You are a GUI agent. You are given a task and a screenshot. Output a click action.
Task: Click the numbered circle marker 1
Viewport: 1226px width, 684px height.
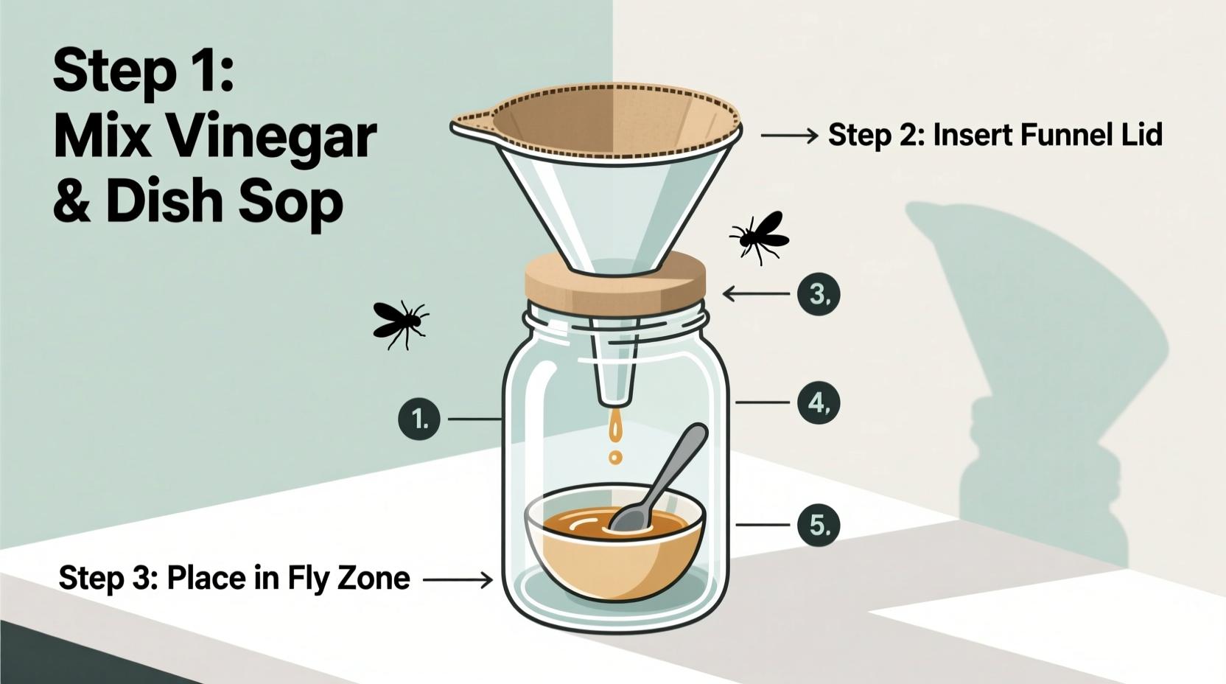(x=418, y=419)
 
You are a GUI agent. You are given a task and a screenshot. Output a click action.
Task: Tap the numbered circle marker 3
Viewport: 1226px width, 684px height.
(x=819, y=294)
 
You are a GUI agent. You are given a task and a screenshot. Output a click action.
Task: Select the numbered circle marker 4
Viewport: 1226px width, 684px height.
(x=819, y=402)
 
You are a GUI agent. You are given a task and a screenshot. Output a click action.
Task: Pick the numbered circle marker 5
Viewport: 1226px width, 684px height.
(x=819, y=525)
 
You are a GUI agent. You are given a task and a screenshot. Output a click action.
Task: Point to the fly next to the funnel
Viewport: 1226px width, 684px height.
(x=759, y=236)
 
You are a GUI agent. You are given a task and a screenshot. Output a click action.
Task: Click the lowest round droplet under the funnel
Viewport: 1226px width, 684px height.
(x=615, y=458)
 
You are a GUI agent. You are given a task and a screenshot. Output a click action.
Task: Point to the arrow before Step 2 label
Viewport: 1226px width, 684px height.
(x=788, y=136)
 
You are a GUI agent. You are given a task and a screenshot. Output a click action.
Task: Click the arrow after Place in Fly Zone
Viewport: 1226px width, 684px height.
(x=457, y=580)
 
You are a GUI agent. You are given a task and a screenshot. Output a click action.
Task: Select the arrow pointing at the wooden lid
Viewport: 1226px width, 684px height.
(x=755, y=294)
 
